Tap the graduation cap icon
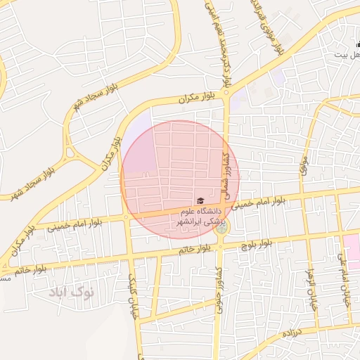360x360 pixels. pos(200,202)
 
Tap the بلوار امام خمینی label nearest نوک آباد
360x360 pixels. pos(78,224)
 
